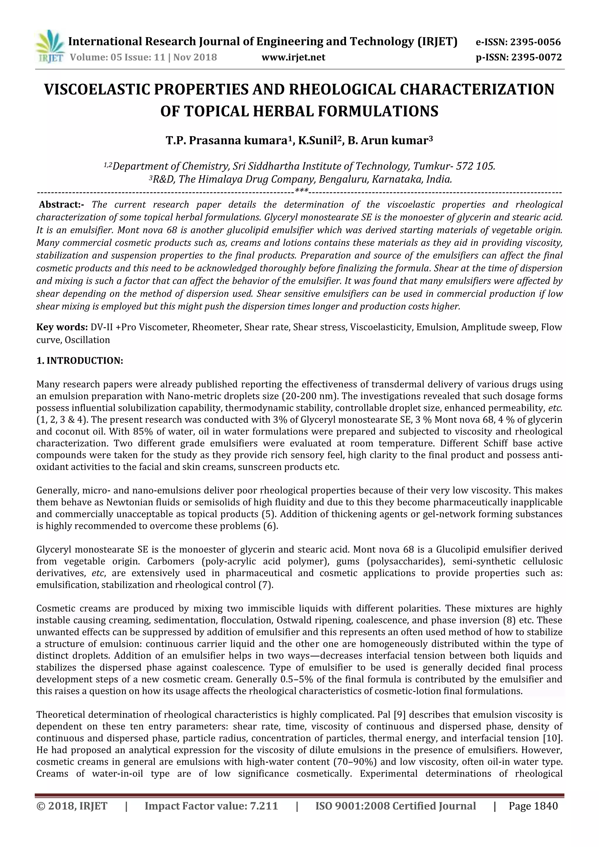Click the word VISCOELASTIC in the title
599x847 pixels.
click(103, 90)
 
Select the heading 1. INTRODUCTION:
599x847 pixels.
click(80, 361)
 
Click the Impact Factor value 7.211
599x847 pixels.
click(264, 816)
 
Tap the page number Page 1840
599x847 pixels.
click(533, 816)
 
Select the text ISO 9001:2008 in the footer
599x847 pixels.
click(352, 816)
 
